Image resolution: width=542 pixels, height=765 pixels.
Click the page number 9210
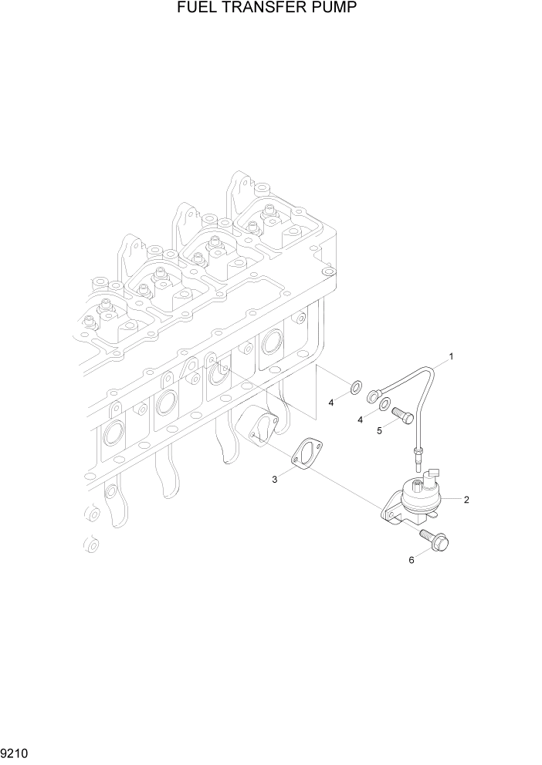coord(14,753)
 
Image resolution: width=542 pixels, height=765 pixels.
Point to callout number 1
coord(451,356)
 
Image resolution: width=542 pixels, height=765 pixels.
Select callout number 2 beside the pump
coord(466,500)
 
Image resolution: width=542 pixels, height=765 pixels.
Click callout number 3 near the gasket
coord(274,480)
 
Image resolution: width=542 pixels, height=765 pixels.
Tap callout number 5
coord(379,431)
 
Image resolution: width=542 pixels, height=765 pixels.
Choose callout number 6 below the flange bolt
coord(412,560)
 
